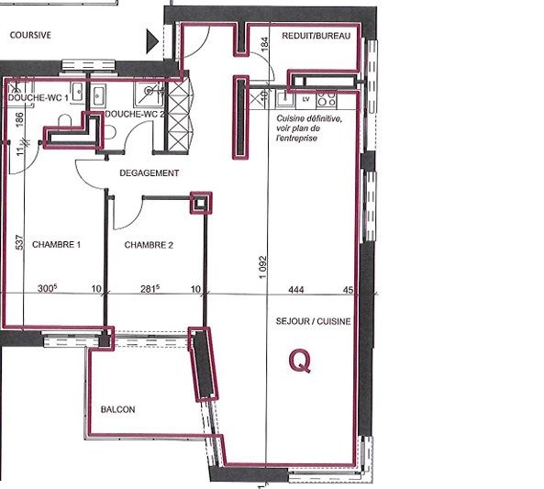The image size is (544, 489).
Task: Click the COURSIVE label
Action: [30, 35]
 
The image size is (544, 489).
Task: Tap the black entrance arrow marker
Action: [152, 41]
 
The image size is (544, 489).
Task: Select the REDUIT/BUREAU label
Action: [316, 36]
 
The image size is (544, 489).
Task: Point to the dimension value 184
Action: [264, 44]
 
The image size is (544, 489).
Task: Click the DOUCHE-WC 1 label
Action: [39, 98]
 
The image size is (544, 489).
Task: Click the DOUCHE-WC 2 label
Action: [135, 114]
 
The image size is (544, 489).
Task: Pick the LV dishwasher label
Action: [305, 100]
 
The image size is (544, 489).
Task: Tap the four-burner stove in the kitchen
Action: [327, 98]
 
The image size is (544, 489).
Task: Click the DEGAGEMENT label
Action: [150, 172]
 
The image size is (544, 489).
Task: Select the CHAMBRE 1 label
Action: [56, 245]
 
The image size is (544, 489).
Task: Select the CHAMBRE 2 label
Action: [149, 245]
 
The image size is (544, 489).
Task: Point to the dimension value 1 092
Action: [262, 267]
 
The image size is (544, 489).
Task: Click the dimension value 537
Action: [20, 242]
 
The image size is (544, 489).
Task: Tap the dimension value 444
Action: [296, 289]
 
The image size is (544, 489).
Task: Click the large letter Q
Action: [300, 361]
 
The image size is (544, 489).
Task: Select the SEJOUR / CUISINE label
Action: [314, 321]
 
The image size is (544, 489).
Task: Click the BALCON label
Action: [118, 409]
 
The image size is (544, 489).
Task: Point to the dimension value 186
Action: [20, 120]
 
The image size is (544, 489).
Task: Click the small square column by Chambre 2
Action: [201, 203]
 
